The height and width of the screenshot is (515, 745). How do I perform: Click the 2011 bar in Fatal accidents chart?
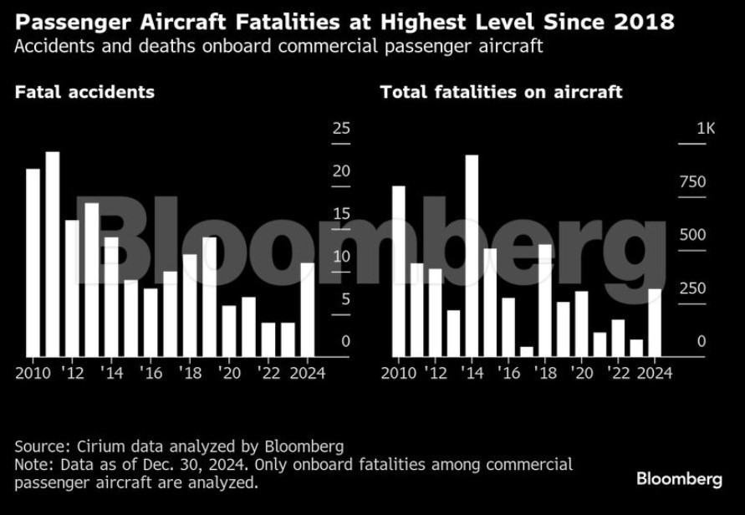click(x=53, y=254)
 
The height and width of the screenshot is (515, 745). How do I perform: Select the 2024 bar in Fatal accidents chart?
click(x=308, y=309)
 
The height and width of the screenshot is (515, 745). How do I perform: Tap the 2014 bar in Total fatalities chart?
click(x=472, y=256)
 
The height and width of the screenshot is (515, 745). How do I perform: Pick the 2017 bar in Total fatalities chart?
click(x=527, y=352)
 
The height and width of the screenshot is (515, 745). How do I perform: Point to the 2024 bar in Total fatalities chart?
click(x=655, y=323)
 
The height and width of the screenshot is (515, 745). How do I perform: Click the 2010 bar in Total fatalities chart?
click(x=399, y=271)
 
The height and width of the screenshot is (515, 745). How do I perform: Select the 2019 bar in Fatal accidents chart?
click(x=210, y=297)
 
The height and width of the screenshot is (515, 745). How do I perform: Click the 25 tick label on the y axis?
click(x=341, y=129)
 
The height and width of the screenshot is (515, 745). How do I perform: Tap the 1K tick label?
click(x=706, y=129)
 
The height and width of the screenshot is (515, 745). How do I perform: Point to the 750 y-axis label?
click(x=692, y=182)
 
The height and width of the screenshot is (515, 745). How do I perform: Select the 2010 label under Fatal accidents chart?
click(x=33, y=373)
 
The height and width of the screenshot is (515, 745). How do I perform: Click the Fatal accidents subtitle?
click(x=84, y=92)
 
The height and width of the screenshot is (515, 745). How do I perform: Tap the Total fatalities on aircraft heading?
click(x=501, y=92)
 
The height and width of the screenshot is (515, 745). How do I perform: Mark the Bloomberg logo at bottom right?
click(x=679, y=479)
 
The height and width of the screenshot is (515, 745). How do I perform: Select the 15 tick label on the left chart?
click(x=341, y=214)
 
